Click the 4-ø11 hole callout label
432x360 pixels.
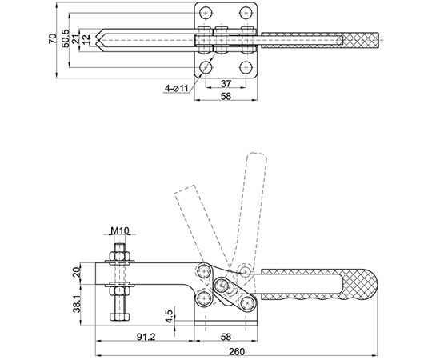tap(176, 88)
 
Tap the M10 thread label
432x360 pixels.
tap(120, 230)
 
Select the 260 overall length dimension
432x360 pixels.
tap(237, 351)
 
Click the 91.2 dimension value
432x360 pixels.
tap(146, 337)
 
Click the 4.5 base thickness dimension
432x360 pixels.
tap(170, 317)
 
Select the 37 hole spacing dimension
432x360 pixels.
tap(226, 83)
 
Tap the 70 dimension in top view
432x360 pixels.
tap(52, 38)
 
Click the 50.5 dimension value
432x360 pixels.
tap(66, 38)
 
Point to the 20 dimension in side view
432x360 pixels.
tap(77, 273)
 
